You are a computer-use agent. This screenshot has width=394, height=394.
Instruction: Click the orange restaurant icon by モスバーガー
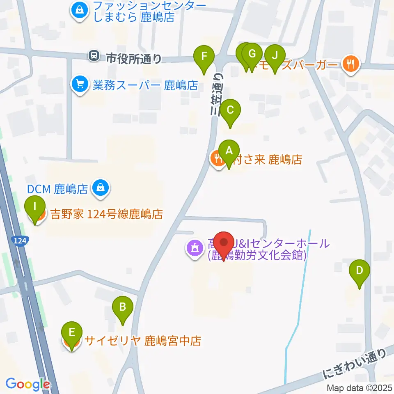[x=350, y=64]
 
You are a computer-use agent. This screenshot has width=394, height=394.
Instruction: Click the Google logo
[x=27, y=384]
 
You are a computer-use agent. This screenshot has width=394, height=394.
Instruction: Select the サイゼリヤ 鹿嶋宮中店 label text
[x=143, y=341]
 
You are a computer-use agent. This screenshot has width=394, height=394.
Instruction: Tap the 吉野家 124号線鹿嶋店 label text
[x=107, y=214]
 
